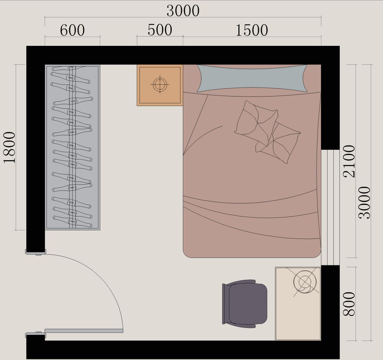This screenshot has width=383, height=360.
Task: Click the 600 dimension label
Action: click(72, 30)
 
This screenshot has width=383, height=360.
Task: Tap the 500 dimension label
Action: click(160, 30)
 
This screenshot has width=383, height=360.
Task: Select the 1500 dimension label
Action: click(252, 30)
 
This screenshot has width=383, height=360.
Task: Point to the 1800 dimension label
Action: click(10, 148)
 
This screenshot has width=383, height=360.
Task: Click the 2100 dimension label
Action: click(349, 161)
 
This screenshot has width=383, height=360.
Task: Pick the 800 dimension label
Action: click(349, 304)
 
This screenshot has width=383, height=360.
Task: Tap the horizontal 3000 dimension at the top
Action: click(183, 11)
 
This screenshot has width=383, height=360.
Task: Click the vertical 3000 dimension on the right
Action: click(364, 202)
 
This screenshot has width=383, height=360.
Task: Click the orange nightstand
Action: click(160, 85)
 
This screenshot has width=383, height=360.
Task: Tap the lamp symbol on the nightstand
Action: click(160, 84)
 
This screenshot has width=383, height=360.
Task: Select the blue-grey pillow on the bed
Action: click(252, 78)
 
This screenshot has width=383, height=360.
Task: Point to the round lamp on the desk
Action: click(305, 282)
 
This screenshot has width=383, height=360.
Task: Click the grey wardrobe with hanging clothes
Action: click(72, 147)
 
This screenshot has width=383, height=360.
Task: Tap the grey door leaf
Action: click(84, 331)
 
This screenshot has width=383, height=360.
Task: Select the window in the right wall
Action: click(330, 207)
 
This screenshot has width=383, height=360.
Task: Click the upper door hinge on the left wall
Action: click(36, 252)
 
